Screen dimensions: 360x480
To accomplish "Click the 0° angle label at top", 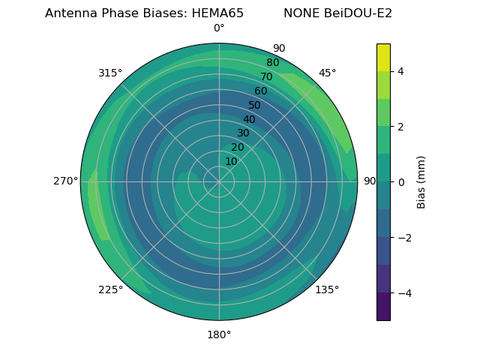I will pos(219,28).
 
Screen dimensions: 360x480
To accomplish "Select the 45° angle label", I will pos(327,73).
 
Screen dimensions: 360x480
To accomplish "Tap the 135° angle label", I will pos(327,289).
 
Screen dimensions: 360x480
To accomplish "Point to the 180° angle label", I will pos(219,334).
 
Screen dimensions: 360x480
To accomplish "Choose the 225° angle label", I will pos(110,289).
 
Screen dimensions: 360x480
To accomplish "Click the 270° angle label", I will pos(66,181).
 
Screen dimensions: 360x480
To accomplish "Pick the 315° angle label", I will pos(110,73).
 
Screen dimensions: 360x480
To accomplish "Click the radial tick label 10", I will pos(231,161).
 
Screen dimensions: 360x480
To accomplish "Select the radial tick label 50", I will pos(255,105).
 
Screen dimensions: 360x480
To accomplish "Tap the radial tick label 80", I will pos(273,62).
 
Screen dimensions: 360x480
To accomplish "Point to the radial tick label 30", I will pos(243,133).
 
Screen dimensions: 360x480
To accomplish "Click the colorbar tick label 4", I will pos(400,71).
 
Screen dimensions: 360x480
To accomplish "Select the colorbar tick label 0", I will pos(400,181).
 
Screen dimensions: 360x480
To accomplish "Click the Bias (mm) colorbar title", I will pos(421,181).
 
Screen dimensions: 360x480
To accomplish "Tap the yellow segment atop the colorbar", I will pos(383,57).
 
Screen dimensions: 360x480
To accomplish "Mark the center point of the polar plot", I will pos(219,181).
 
